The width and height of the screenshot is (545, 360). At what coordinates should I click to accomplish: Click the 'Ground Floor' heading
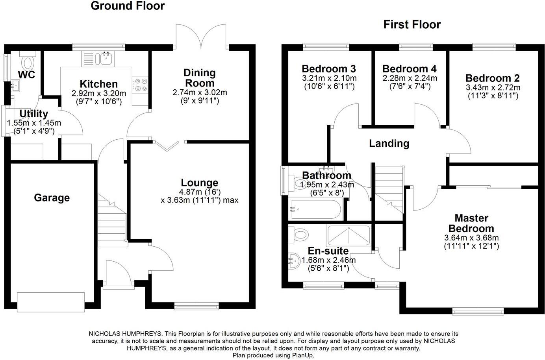point(128,6)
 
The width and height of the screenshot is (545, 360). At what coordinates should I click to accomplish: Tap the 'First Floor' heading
point(412,24)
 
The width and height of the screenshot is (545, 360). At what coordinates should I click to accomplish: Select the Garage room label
point(52,198)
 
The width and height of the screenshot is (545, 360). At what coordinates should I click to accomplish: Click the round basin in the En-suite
point(295,260)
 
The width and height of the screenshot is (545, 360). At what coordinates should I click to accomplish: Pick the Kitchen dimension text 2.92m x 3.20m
point(99,93)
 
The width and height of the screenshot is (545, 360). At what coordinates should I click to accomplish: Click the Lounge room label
point(199,183)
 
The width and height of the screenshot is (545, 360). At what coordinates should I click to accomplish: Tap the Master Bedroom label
point(471,223)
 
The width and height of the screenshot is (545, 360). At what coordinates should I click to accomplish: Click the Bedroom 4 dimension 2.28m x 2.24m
point(410,78)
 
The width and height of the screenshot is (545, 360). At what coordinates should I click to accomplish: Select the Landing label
point(389,144)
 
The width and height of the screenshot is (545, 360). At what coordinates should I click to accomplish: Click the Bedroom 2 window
point(494,46)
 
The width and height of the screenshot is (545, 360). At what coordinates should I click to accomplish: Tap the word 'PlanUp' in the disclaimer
point(302,355)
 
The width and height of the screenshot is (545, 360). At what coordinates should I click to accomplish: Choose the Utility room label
point(33,114)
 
